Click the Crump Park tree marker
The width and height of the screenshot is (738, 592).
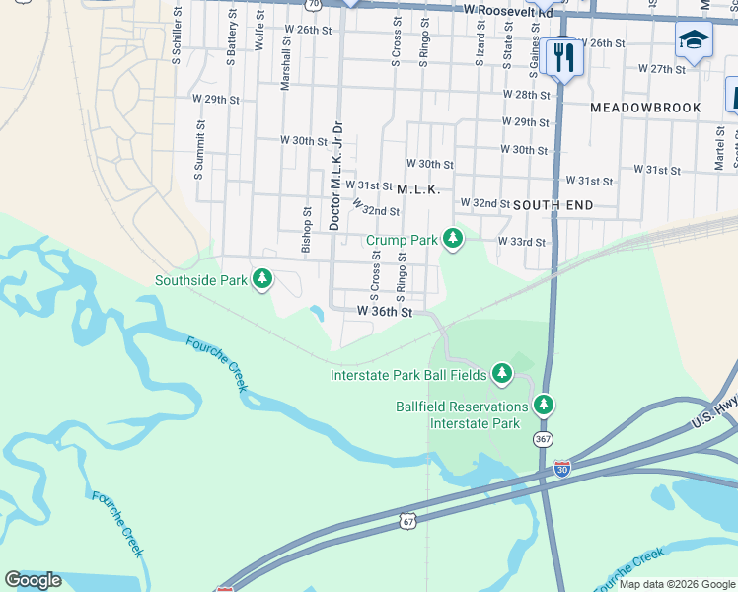[453, 238]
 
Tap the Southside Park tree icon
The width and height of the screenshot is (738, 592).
[262, 279]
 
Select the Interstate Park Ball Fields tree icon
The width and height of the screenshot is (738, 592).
[502, 373]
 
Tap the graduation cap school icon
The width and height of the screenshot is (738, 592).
[694, 40]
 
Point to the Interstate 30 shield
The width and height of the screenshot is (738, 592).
[562, 469]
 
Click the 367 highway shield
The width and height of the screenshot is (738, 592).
[542, 438]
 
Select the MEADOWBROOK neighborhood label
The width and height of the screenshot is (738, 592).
[645, 108]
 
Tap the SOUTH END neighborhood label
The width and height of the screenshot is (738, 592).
[553, 205]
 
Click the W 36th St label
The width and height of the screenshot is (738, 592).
[384, 311]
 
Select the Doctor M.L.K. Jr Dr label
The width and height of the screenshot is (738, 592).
[335, 176]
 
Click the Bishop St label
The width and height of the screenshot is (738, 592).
[307, 230]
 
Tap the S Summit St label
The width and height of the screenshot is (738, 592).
[199, 150]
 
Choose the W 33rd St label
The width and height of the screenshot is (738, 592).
[521, 242]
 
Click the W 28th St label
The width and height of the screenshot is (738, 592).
[526, 95]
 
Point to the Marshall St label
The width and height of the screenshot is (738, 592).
[285, 64]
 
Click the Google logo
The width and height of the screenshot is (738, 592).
[33, 580]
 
